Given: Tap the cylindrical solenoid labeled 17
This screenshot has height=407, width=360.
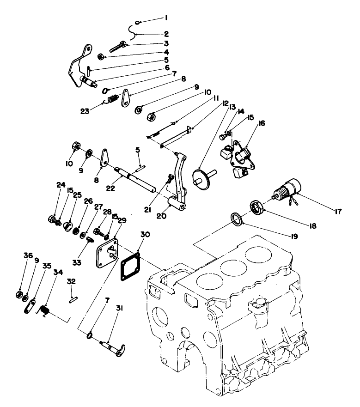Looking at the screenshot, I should pos(289,189).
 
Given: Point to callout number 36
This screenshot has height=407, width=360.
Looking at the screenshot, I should pos(29,255).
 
